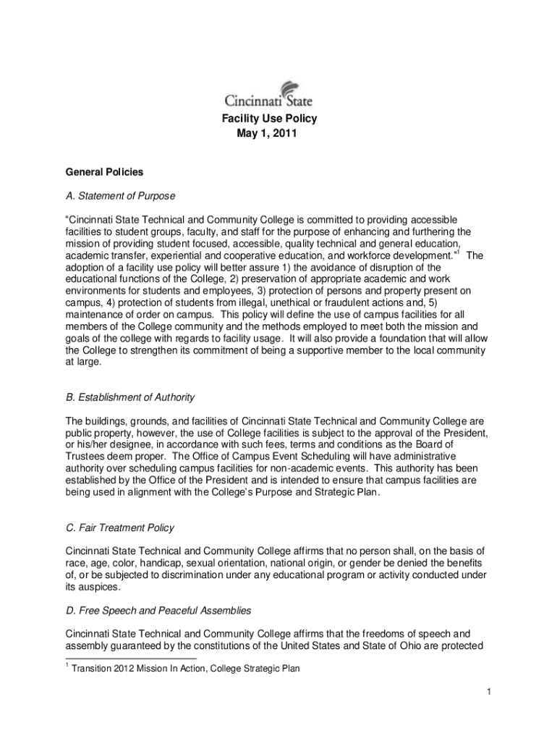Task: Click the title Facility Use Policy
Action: click(x=268, y=119)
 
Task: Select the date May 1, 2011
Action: click(x=268, y=134)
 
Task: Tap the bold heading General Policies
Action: click(x=104, y=172)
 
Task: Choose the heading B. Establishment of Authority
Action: click(x=130, y=397)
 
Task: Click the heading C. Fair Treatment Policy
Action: click(x=119, y=528)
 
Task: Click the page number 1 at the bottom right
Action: click(x=489, y=693)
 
